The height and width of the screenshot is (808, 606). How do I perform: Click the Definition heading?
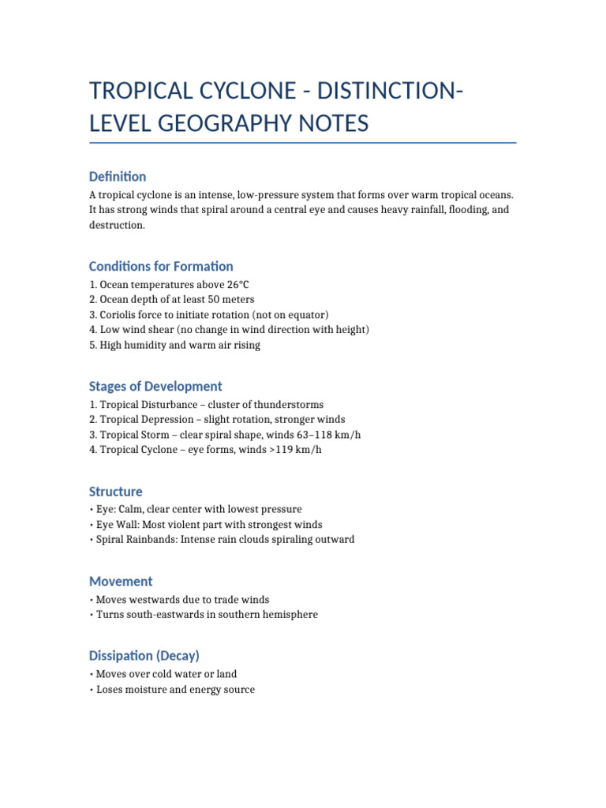(x=118, y=176)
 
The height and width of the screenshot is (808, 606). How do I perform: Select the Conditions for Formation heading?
(x=161, y=266)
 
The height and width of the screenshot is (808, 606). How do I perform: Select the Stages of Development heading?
(x=155, y=386)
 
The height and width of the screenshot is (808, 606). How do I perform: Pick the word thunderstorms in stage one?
(x=287, y=405)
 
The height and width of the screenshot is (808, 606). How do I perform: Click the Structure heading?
(x=116, y=492)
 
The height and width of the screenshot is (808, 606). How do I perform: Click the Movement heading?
(x=121, y=581)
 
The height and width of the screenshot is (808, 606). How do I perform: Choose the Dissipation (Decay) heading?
(x=144, y=655)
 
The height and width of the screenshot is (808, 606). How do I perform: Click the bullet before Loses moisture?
(x=92, y=690)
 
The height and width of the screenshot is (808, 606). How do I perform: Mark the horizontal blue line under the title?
(x=303, y=143)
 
